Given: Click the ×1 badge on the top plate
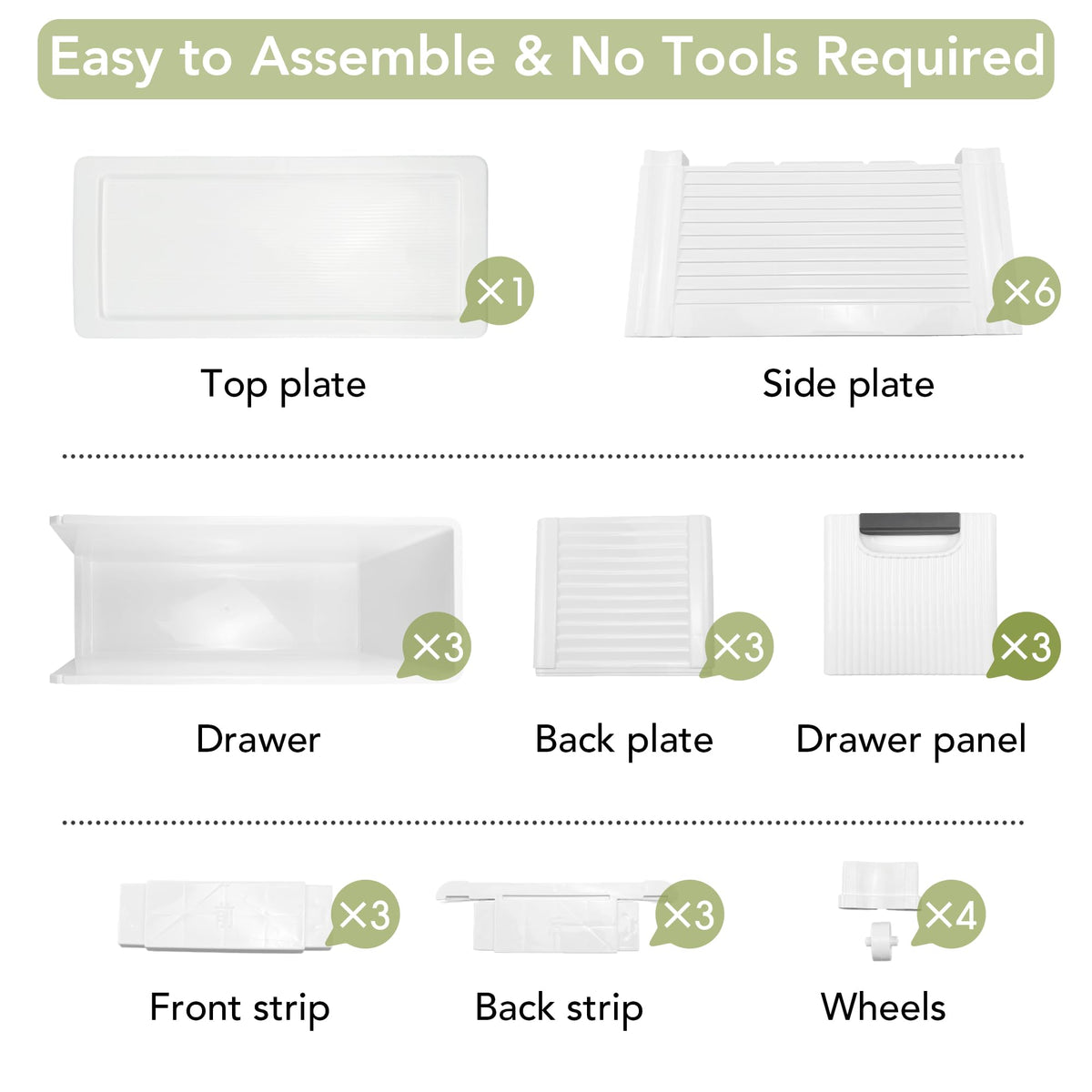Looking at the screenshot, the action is click(498, 290).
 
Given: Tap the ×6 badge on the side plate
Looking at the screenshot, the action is click(1026, 290).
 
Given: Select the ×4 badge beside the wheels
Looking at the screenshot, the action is click(950, 914).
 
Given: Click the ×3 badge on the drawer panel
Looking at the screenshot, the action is click(1026, 646).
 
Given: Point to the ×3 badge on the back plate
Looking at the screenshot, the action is click(737, 646).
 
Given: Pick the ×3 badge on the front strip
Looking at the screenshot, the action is click(364, 914).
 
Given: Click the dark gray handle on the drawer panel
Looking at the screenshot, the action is click(909, 523).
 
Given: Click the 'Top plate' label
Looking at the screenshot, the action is click(283, 385).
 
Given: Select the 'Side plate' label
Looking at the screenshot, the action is click(848, 385).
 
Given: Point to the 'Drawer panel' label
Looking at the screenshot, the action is click(911, 740).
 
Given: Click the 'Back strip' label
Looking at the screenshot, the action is click(560, 1008).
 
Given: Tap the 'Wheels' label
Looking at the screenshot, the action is click(883, 1007).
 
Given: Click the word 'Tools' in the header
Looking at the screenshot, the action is click(731, 56).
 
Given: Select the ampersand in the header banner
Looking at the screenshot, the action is click(532, 56).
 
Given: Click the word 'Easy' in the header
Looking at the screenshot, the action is click(106, 59).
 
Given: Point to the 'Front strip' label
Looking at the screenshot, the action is click(239, 1008).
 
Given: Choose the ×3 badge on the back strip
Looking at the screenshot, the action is click(688, 914).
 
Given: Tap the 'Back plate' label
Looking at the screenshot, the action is click(624, 740).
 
